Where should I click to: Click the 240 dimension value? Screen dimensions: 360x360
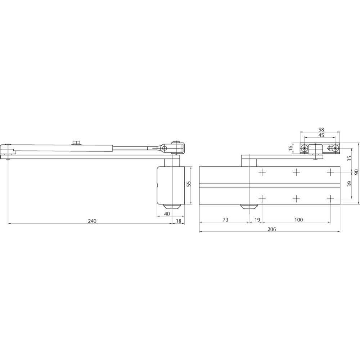tap(92, 221)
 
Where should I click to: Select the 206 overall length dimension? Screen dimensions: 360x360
tap(271, 229)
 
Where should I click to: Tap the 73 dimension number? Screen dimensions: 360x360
tap(225, 220)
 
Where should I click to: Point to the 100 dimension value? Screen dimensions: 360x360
tap(298, 220)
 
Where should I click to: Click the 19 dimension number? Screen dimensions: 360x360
tap(257, 220)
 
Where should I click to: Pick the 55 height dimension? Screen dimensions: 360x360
tap(189, 184)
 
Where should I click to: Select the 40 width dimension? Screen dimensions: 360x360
tap(167, 214)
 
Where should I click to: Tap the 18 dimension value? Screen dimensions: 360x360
tap(179, 221)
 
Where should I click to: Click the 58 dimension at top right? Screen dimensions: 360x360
tap(321, 130)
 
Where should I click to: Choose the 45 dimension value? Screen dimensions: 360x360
tap(321, 135)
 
